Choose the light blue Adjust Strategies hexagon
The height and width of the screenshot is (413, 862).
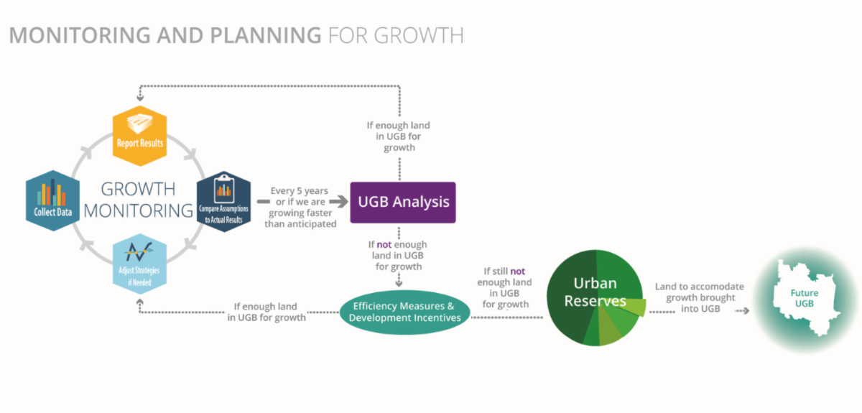[140, 264]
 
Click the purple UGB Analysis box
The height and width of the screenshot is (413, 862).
[402, 202]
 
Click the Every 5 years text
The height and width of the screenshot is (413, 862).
[300, 191]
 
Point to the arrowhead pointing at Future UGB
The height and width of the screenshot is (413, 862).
[746, 311]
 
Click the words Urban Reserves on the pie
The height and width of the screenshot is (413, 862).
[595, 292]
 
